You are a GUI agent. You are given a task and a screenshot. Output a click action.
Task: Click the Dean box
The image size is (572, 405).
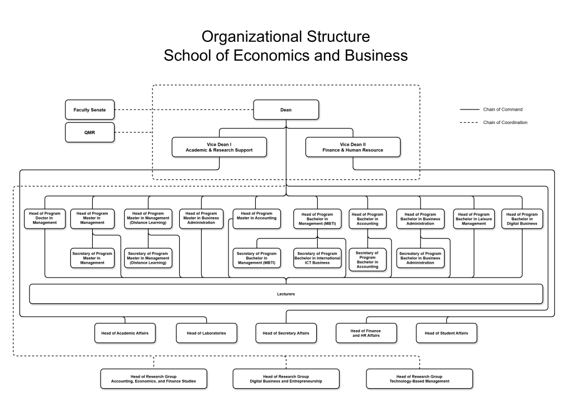(286, 110)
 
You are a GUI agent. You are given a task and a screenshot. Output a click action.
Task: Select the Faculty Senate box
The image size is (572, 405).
(89, 110)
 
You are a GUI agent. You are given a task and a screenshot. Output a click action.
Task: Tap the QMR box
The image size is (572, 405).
(89, 132)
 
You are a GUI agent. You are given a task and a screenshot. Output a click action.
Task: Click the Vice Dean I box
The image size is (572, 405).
(219, 147)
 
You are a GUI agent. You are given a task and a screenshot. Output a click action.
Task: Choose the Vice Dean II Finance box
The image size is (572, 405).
(352, 147)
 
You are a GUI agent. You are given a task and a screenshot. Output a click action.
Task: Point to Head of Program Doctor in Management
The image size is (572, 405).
(45, 218)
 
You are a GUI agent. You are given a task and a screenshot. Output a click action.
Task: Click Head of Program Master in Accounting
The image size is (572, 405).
(256, 216)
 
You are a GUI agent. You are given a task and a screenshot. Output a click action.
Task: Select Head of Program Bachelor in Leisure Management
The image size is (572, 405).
(474, 218)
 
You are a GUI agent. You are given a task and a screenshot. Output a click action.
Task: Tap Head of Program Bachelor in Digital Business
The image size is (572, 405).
(522, 218)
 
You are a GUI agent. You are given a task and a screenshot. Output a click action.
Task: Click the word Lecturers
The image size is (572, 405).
(285, 294)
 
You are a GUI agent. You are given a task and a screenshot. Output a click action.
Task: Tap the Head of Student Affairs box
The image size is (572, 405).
(446, 333)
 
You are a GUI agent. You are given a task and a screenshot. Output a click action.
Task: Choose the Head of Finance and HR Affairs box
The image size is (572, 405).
(366, 333)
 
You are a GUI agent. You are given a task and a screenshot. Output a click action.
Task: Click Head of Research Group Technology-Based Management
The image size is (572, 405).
(419, 379)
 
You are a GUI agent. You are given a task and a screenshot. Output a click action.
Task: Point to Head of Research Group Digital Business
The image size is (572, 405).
(285, 379)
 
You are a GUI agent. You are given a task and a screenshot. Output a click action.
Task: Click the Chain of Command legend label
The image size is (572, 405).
(503, 109)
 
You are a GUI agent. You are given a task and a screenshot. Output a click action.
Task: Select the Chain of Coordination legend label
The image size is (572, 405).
(505, 122)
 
